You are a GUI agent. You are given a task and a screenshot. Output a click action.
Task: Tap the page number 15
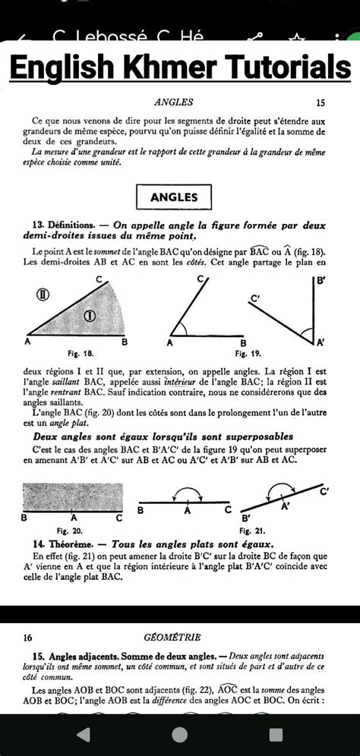tap(320, 101)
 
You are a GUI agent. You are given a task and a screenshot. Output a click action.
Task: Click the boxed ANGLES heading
tap(174, 197)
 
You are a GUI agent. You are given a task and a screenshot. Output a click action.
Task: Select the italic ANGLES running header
tap(173, 101)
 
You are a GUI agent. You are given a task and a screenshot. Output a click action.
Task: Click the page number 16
tap(28, 638)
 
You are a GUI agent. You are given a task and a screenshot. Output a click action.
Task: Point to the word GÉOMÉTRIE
tap(174, 638)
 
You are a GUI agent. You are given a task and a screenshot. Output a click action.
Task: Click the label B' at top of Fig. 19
tap(322, 280)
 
